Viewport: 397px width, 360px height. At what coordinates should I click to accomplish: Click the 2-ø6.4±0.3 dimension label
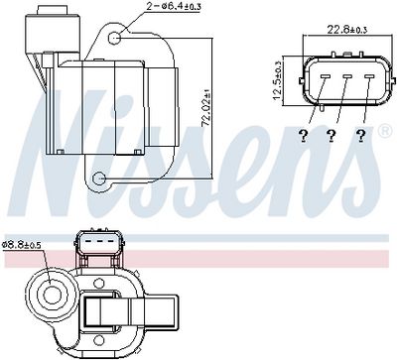click(x=173, y=6)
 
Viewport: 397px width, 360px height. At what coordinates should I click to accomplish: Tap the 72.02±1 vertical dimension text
click(x=206, y=111)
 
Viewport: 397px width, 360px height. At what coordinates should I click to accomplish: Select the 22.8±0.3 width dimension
click(x=347, y=30)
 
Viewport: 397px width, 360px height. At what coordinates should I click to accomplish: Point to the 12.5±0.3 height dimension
click(x=277, y=81)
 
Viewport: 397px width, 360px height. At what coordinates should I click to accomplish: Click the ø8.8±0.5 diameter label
click(x=21, y=245)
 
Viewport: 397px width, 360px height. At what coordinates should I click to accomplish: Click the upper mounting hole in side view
click(x=115, y=39)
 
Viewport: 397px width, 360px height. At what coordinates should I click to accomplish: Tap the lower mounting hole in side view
click(x=98, y=179)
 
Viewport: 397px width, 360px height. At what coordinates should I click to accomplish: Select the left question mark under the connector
click(x=303, y=136)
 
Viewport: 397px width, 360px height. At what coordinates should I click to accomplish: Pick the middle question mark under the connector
click(x=331, y=136)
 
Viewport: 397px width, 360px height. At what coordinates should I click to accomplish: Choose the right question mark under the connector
click(x=361, y=136)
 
